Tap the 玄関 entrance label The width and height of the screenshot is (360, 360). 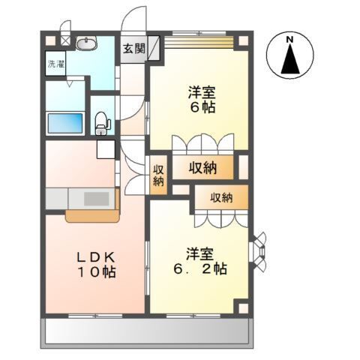(x=133, y=49)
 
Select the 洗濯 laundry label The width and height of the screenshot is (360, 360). (x=55, y=63)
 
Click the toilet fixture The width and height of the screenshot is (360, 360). (x=103, y=123)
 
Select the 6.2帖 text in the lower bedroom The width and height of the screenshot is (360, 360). (x=205, y=268)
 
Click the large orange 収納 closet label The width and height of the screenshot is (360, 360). (x=202, y=169)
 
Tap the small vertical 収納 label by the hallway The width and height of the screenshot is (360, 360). (x=158, y=175)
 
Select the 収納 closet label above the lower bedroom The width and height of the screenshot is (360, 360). (x=220, y=198)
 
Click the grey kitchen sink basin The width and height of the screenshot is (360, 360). (x=95, y=199)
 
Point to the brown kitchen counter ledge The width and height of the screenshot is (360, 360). (x=91, y=217)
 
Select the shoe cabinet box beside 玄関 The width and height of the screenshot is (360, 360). (x=154, y=47)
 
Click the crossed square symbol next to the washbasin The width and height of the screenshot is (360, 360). (x=66, y=42)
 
